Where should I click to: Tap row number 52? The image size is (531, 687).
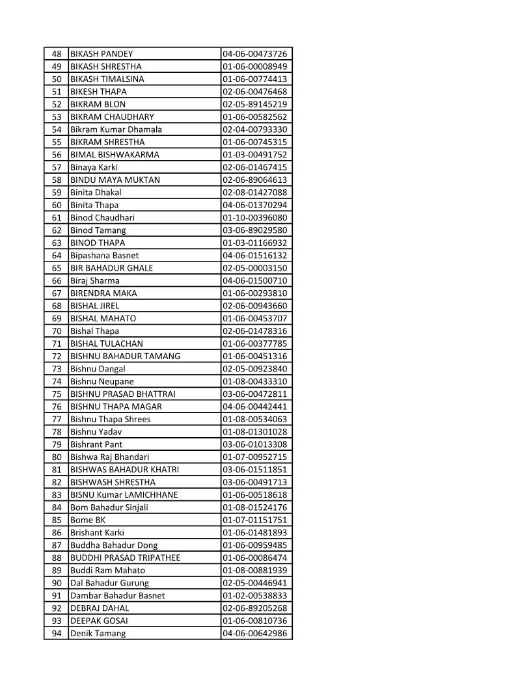pyautogui.click(x=57, y=104)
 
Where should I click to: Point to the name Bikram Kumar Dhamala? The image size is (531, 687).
pyautogui.click(x=116, y=129)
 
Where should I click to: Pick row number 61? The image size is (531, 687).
pyautogui.click(x=57, y=218)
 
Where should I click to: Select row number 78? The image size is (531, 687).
pyautogui.click(x=57, y=432)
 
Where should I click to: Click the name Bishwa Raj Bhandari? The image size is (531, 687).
pyautogui.click(x=110, y=457)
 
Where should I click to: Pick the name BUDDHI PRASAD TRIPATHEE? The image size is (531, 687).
pyautogui.click(x=126, y=558)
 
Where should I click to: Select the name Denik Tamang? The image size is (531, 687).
pyautogui.click(x=98, y=634)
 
